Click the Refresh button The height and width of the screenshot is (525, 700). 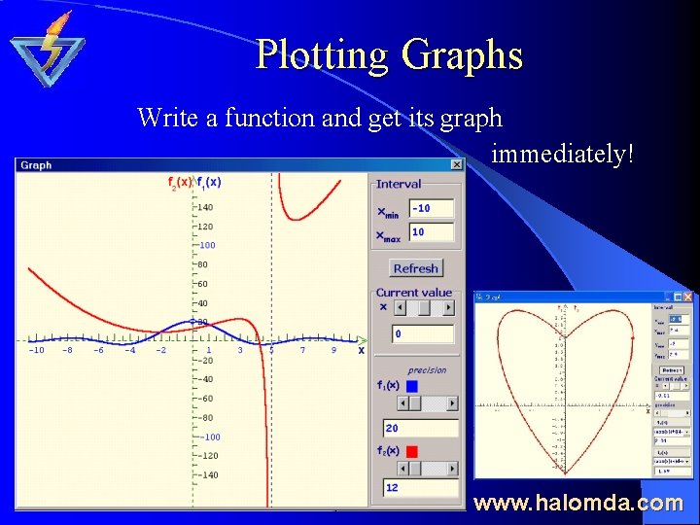tap(416, 268)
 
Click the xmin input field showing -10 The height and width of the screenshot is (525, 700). tap(432, 209)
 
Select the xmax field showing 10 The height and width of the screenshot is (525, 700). tap(432, 232)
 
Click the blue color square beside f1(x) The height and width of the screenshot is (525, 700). tap(411, 386)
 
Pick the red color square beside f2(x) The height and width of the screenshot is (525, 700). tap(411, 450)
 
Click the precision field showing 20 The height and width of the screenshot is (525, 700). tap(421, 428)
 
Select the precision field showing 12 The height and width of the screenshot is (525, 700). tap(421, 488)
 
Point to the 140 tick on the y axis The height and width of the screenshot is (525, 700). tap(205, 207)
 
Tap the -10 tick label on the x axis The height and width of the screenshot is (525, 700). tap(36, 350)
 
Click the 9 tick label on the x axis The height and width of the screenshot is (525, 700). tap(332, 350)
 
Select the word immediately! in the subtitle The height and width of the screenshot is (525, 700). tap(562, 154)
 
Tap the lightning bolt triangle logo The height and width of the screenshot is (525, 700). tap(48, 49)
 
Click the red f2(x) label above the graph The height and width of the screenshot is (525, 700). tap(179, 182)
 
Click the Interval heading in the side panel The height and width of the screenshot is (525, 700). tap(399, 184)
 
